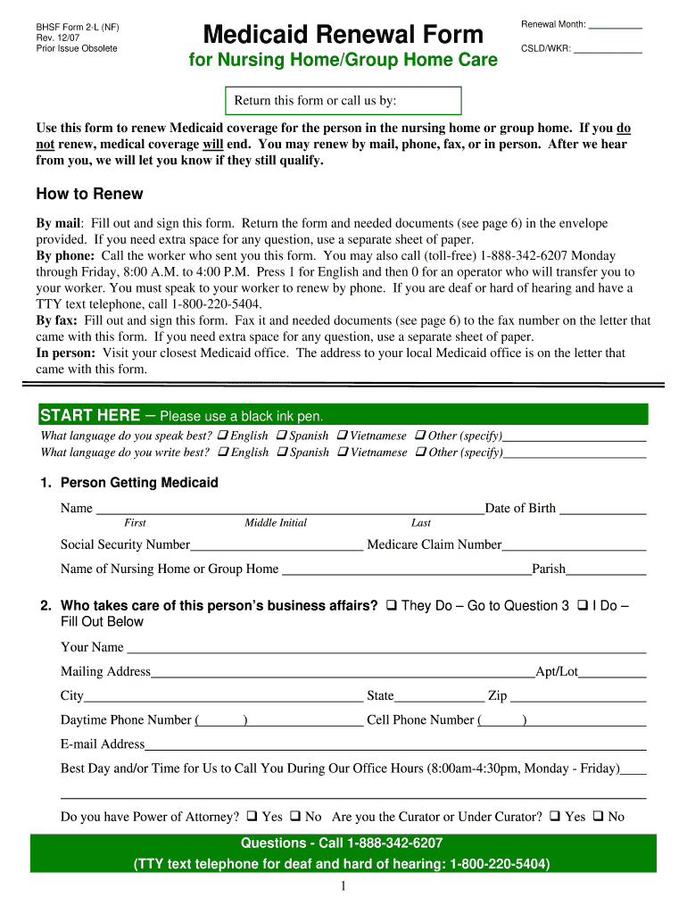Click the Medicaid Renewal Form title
343,35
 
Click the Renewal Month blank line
616,25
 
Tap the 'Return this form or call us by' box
343,101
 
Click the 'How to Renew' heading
89,194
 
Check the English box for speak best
223,436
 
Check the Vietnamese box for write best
343,453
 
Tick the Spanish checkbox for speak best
282,436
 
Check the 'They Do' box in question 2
392,606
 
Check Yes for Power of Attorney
252,816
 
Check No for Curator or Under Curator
599,816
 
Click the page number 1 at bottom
343,886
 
